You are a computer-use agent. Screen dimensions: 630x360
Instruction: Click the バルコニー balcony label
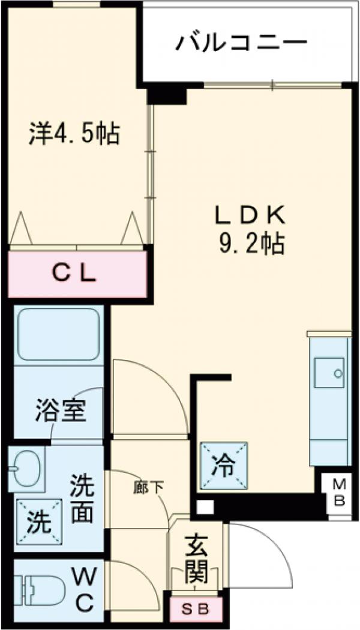[x=241, y=43]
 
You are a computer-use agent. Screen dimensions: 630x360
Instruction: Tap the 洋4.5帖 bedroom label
[x=74, y=133]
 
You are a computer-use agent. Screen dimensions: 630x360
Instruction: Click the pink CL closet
[x=77, y=274]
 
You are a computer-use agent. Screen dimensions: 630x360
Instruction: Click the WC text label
[x=85, y=590]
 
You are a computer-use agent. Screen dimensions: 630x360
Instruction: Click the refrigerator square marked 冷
[x=224, y=465]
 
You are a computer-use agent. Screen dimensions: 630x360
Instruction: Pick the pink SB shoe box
[x=196, y=610]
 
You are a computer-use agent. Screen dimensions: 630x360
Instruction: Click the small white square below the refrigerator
[x=205, y=508]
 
